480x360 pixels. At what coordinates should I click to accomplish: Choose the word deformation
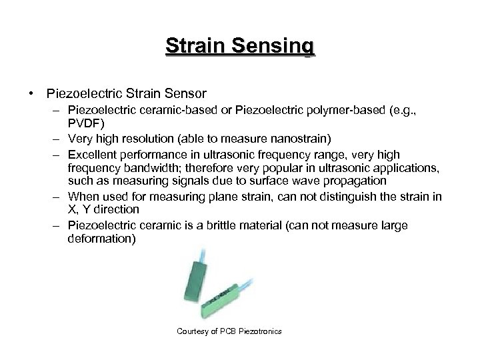(x=100, y=238)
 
